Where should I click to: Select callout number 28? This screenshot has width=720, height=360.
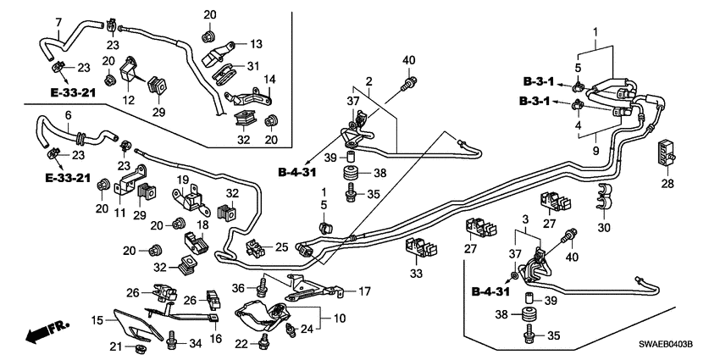[x=667, y=183]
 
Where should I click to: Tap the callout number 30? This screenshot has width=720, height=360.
[x=604, y=228]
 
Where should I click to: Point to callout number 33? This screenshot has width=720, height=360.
[x=416, y=274]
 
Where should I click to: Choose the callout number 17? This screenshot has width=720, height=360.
[x=364, y=291]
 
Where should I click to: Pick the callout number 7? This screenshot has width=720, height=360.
[x=58, y=21]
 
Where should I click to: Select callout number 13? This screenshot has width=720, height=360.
[x=256, y=42]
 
